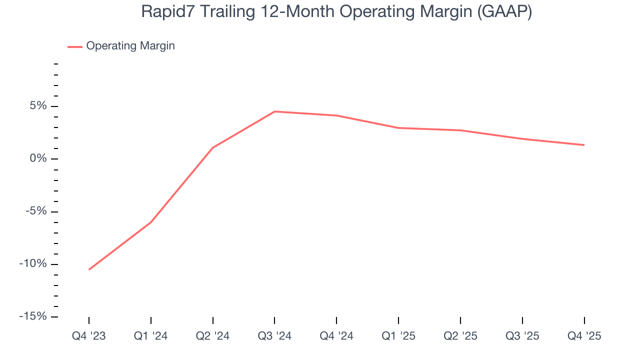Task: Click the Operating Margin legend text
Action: [130, 46]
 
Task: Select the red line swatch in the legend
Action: [75, 46]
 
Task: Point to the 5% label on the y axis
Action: [37, 106]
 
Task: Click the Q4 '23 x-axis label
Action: [89, 336]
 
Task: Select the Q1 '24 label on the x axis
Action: [150, 336]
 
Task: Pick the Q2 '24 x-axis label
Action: [212, 336]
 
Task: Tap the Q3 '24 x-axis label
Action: [274, 336]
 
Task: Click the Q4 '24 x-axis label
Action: [336, 336]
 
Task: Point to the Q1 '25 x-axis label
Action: [398, 336]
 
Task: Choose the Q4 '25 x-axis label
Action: [584, 336]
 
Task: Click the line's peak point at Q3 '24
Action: [274, 111]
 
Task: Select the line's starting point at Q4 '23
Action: [89, 269]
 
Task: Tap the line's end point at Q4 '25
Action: [584, 145]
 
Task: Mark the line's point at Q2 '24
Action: [212, 148]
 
